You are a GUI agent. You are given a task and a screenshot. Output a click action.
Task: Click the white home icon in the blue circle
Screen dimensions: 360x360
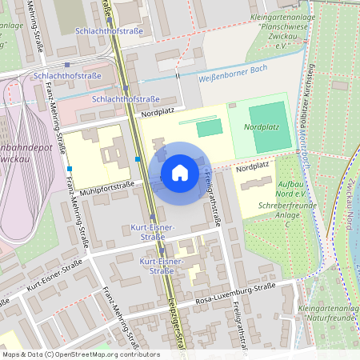coord(179,173)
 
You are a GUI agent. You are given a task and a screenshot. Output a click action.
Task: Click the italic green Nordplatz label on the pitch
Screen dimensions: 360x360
coord(262,126)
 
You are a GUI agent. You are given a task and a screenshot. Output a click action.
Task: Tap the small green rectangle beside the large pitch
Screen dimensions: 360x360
coord(208,128)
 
